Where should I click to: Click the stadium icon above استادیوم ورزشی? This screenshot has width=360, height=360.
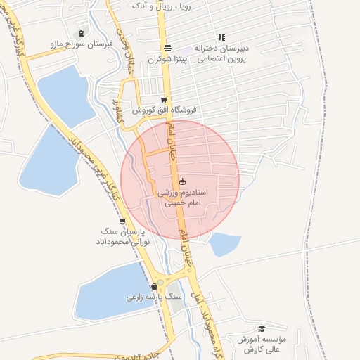click(x=183, y=181)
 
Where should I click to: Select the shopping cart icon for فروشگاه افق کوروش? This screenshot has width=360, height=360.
click(x=164, y=101)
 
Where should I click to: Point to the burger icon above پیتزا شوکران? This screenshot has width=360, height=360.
click(x=167, y=48)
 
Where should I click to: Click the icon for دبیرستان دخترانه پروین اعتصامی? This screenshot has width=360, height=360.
click(x=221, y=37)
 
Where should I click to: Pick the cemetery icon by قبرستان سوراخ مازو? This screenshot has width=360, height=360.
click(x=81, y=33)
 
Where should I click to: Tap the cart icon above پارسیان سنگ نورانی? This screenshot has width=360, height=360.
click(x=123, y=221)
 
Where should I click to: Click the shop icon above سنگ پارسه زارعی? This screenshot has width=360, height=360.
click(x=154, y=286)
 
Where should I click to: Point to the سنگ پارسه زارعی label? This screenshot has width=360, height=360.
click(x=154, y=297)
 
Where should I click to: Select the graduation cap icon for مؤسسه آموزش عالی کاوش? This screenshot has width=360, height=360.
click(x=262, y=328)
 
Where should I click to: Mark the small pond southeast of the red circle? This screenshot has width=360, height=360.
click(x=224, y=243)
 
